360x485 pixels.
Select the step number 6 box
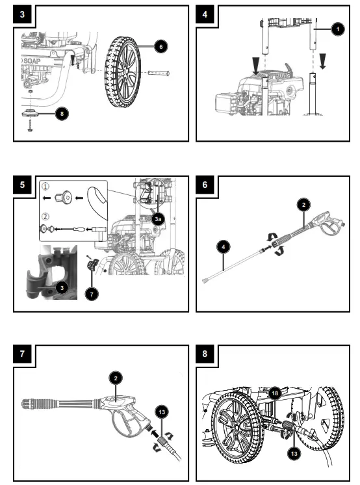point(205,184)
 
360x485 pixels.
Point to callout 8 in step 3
point(61,112)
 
